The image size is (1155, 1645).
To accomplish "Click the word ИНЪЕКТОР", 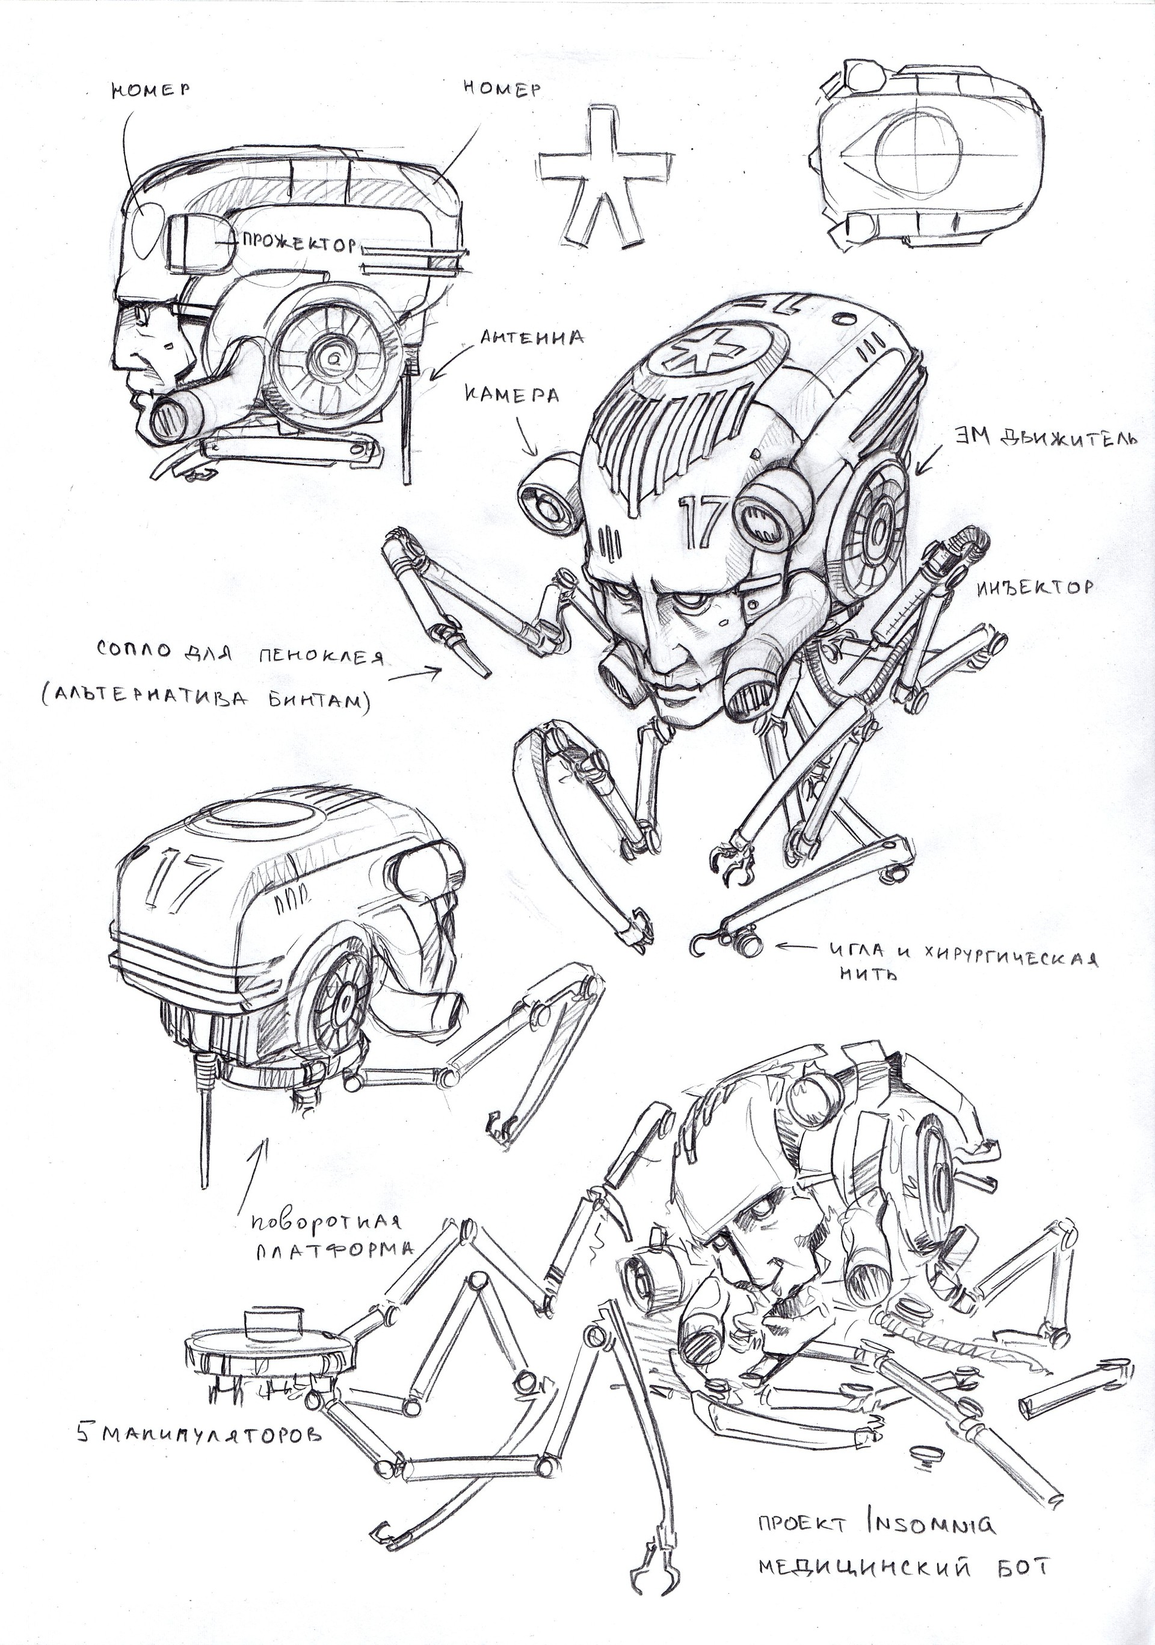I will [1035, 588].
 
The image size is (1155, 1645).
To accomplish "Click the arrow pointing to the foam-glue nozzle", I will [417, 674].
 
